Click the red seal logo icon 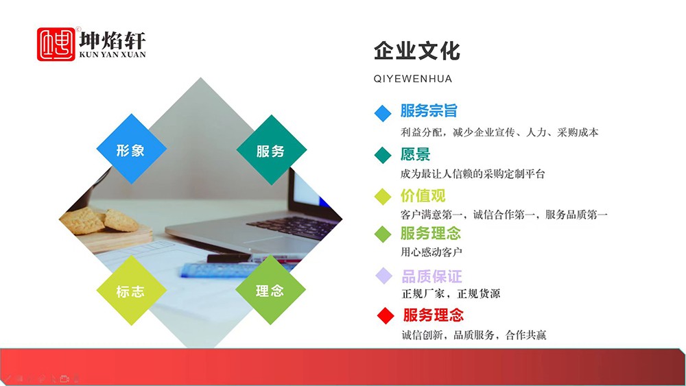point(56,44)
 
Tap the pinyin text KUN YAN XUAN point(113,55)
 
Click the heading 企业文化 point(417,51)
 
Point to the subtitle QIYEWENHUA point(412,79)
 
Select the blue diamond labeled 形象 point(131,149)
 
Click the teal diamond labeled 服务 point(271,149)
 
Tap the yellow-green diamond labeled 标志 point(131,290)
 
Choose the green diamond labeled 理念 point(270,290)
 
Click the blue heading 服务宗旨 point(429,110)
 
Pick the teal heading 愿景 point(415,154)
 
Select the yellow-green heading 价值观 point(423,195)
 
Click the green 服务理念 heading point(431,233)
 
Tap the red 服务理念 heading point(433,315)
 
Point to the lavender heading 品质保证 point(431,276)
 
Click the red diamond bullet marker point(386,315)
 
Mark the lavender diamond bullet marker point(384,276)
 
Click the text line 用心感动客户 point(431,252)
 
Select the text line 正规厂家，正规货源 point(451,293)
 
